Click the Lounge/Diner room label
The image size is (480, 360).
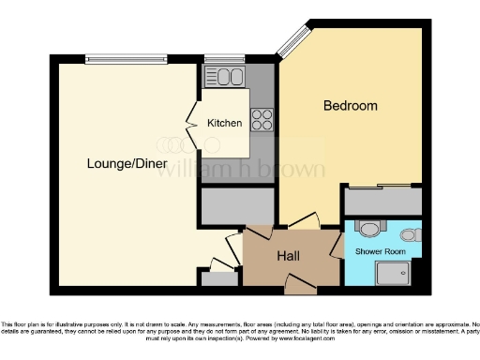(x=127, y=164)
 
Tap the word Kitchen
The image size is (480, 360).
(x=225, y=123)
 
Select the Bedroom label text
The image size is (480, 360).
(x=351, y=106)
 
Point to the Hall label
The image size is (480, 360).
(x=288, y=255)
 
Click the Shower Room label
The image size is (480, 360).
(x=380, y=251)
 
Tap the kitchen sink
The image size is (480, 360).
(x=225, y=77)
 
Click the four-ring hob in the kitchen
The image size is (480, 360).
(x=262, y=119)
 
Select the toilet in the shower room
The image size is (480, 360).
(x=372, y=229)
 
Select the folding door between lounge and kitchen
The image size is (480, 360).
(x=192, y=122)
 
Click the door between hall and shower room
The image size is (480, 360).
(x=336, y=247)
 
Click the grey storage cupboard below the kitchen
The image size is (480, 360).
(x=237, y=206)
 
